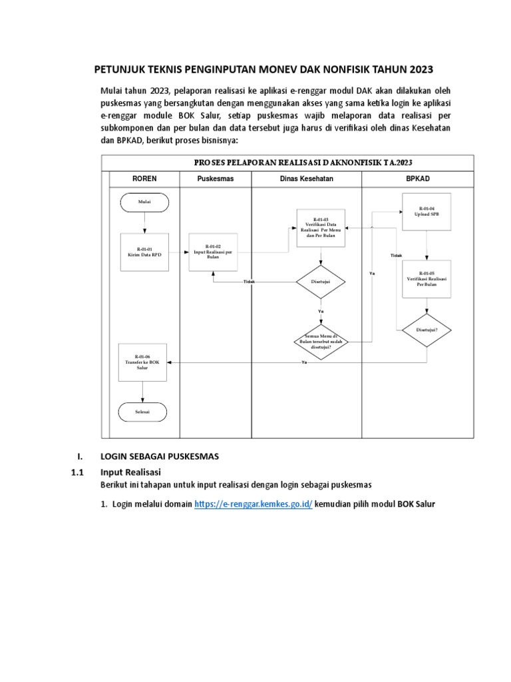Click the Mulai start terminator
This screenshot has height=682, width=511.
[144, 202]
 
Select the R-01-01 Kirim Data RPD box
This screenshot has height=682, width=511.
[144, 251]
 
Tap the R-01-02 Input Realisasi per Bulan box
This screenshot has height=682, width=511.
[213, 251]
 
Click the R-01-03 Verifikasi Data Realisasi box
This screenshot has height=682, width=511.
[321, 227]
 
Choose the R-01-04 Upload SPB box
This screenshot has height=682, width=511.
[426, 212]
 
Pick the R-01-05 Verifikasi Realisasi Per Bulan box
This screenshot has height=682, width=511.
[426, 278]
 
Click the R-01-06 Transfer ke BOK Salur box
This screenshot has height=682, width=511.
[142, 362]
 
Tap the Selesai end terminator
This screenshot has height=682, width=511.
[142, 412]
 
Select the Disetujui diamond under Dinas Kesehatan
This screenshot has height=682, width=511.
[321, 282]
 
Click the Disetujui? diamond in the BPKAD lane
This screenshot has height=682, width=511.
[426, 330]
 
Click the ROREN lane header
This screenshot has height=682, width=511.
[144, 179]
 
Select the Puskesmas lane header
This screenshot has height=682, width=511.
[216, 179]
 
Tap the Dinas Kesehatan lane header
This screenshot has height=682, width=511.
[306, 179]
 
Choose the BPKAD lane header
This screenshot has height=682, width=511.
[418, 179]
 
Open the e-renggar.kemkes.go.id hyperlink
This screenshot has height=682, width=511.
[254, 504]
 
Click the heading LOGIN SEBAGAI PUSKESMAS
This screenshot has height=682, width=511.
[159, 456]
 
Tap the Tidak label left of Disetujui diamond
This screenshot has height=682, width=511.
[250, 282]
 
